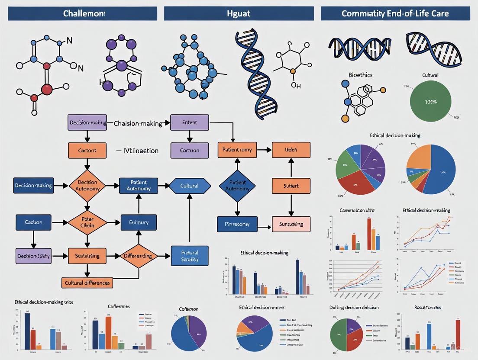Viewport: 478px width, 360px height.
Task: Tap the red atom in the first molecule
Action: point(47,89)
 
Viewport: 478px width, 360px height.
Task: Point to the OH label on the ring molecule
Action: point(296,85)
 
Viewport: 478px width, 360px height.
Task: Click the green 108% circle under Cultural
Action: point(430,101)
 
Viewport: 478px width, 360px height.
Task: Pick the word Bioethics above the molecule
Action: point(360,75)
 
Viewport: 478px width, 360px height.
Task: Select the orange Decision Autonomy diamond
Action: point(87,186)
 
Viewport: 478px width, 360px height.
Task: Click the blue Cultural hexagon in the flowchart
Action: point(190,186)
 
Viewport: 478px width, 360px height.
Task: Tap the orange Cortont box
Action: point(87,151)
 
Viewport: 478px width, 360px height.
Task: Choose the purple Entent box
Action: point(189,122)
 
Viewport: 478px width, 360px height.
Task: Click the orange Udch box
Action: point(291,150)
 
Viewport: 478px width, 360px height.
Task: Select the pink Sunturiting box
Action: point(291,224)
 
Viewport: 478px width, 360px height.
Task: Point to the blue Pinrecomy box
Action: point(237,224)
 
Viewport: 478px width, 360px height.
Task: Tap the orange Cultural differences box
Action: point(87,283)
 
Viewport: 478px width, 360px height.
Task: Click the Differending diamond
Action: point(138,256)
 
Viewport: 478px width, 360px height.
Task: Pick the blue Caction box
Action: point(34,222)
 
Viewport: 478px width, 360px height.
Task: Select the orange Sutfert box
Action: point(291,186)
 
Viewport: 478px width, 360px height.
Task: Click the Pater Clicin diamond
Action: point(87,222)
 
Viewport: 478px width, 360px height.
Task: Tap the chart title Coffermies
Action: point(118,306)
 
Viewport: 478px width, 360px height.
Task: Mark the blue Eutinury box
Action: point(138,222)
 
